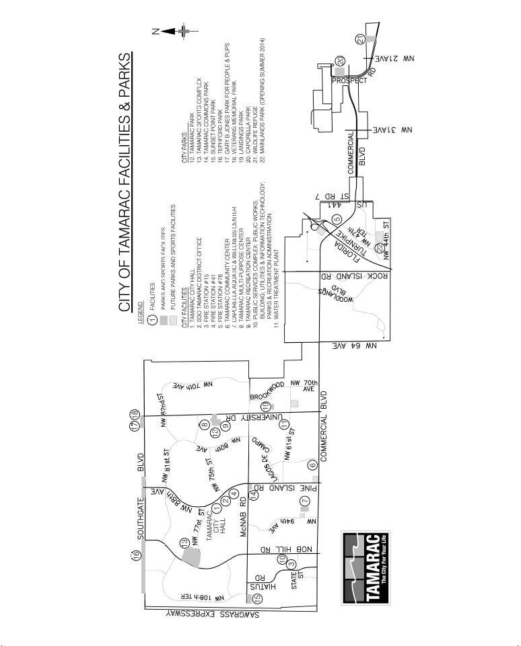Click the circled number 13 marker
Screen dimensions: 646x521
(184, 543)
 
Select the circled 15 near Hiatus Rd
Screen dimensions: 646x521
(256, 597)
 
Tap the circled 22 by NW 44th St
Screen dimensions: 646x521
(380, 247)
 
